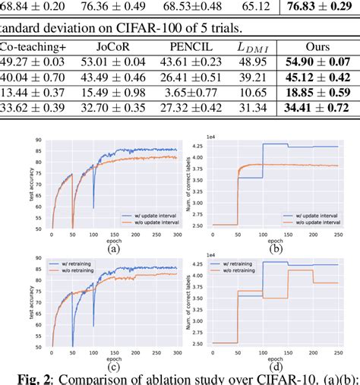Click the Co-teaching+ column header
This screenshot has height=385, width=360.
[33, 47]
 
